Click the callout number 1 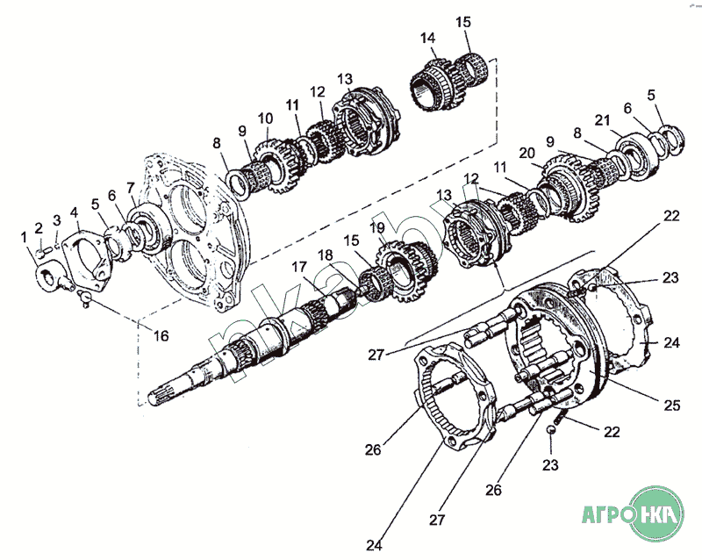tap(25, 238)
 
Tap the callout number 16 tap(161, 335)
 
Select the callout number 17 tap(299, 267)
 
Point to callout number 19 tap(378, 227)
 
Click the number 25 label tap(672, 406)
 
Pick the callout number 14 tap(428, 38)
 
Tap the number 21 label tap(603, 120)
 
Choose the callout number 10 tap(265, 118)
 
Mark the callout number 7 tap(130, 187)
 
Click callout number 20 tap(527, 154)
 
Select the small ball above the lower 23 tap(551, 429)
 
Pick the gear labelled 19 tap(408, 272)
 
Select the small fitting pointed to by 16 tap(84, 298)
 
